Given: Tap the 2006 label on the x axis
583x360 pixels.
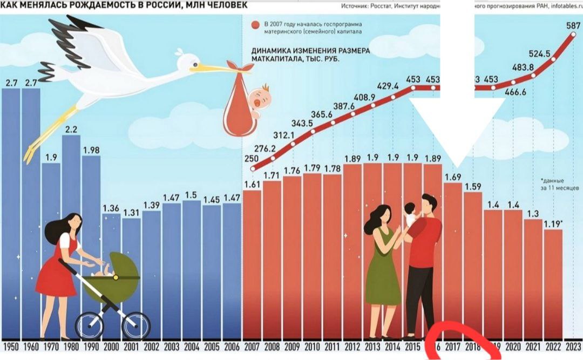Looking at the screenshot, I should (x=232, y=347).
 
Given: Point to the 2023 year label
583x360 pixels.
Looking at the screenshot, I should (x=573, y=347).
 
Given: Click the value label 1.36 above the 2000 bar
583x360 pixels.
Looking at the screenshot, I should (x=111, y=208).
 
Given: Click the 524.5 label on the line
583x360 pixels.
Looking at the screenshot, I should (x=540, y=53).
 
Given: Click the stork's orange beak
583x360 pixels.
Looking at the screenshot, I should (x=211, y=68).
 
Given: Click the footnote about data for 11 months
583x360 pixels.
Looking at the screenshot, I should (x=559, y=184).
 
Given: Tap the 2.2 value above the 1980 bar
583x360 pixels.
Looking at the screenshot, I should (x=71, y=130).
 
